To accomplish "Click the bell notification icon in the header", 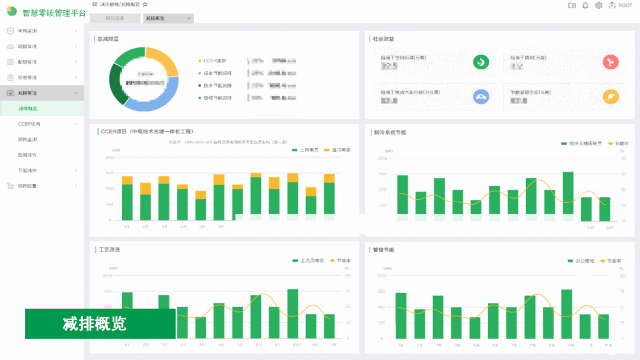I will click(585, 5).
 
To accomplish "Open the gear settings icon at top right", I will click(598, 5).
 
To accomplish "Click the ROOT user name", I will click(625, 5).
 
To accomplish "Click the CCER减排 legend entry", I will click(214, 60).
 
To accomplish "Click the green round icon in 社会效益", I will click(480, 62).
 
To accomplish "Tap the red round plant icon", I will click(610, 62).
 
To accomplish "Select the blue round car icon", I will click(480, 97).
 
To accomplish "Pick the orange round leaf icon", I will click(610, 97).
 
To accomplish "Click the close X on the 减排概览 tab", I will click(189, 18).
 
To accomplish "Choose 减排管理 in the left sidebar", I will click(27, 93).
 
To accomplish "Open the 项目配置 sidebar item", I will click(27, 186).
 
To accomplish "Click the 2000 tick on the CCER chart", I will click(110, 158).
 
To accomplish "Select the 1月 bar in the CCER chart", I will click(127, 199).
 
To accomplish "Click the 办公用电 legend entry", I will click(581, 260).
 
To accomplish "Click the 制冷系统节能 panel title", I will click(390, 132).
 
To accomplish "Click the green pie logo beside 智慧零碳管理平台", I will click(12, 11).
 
